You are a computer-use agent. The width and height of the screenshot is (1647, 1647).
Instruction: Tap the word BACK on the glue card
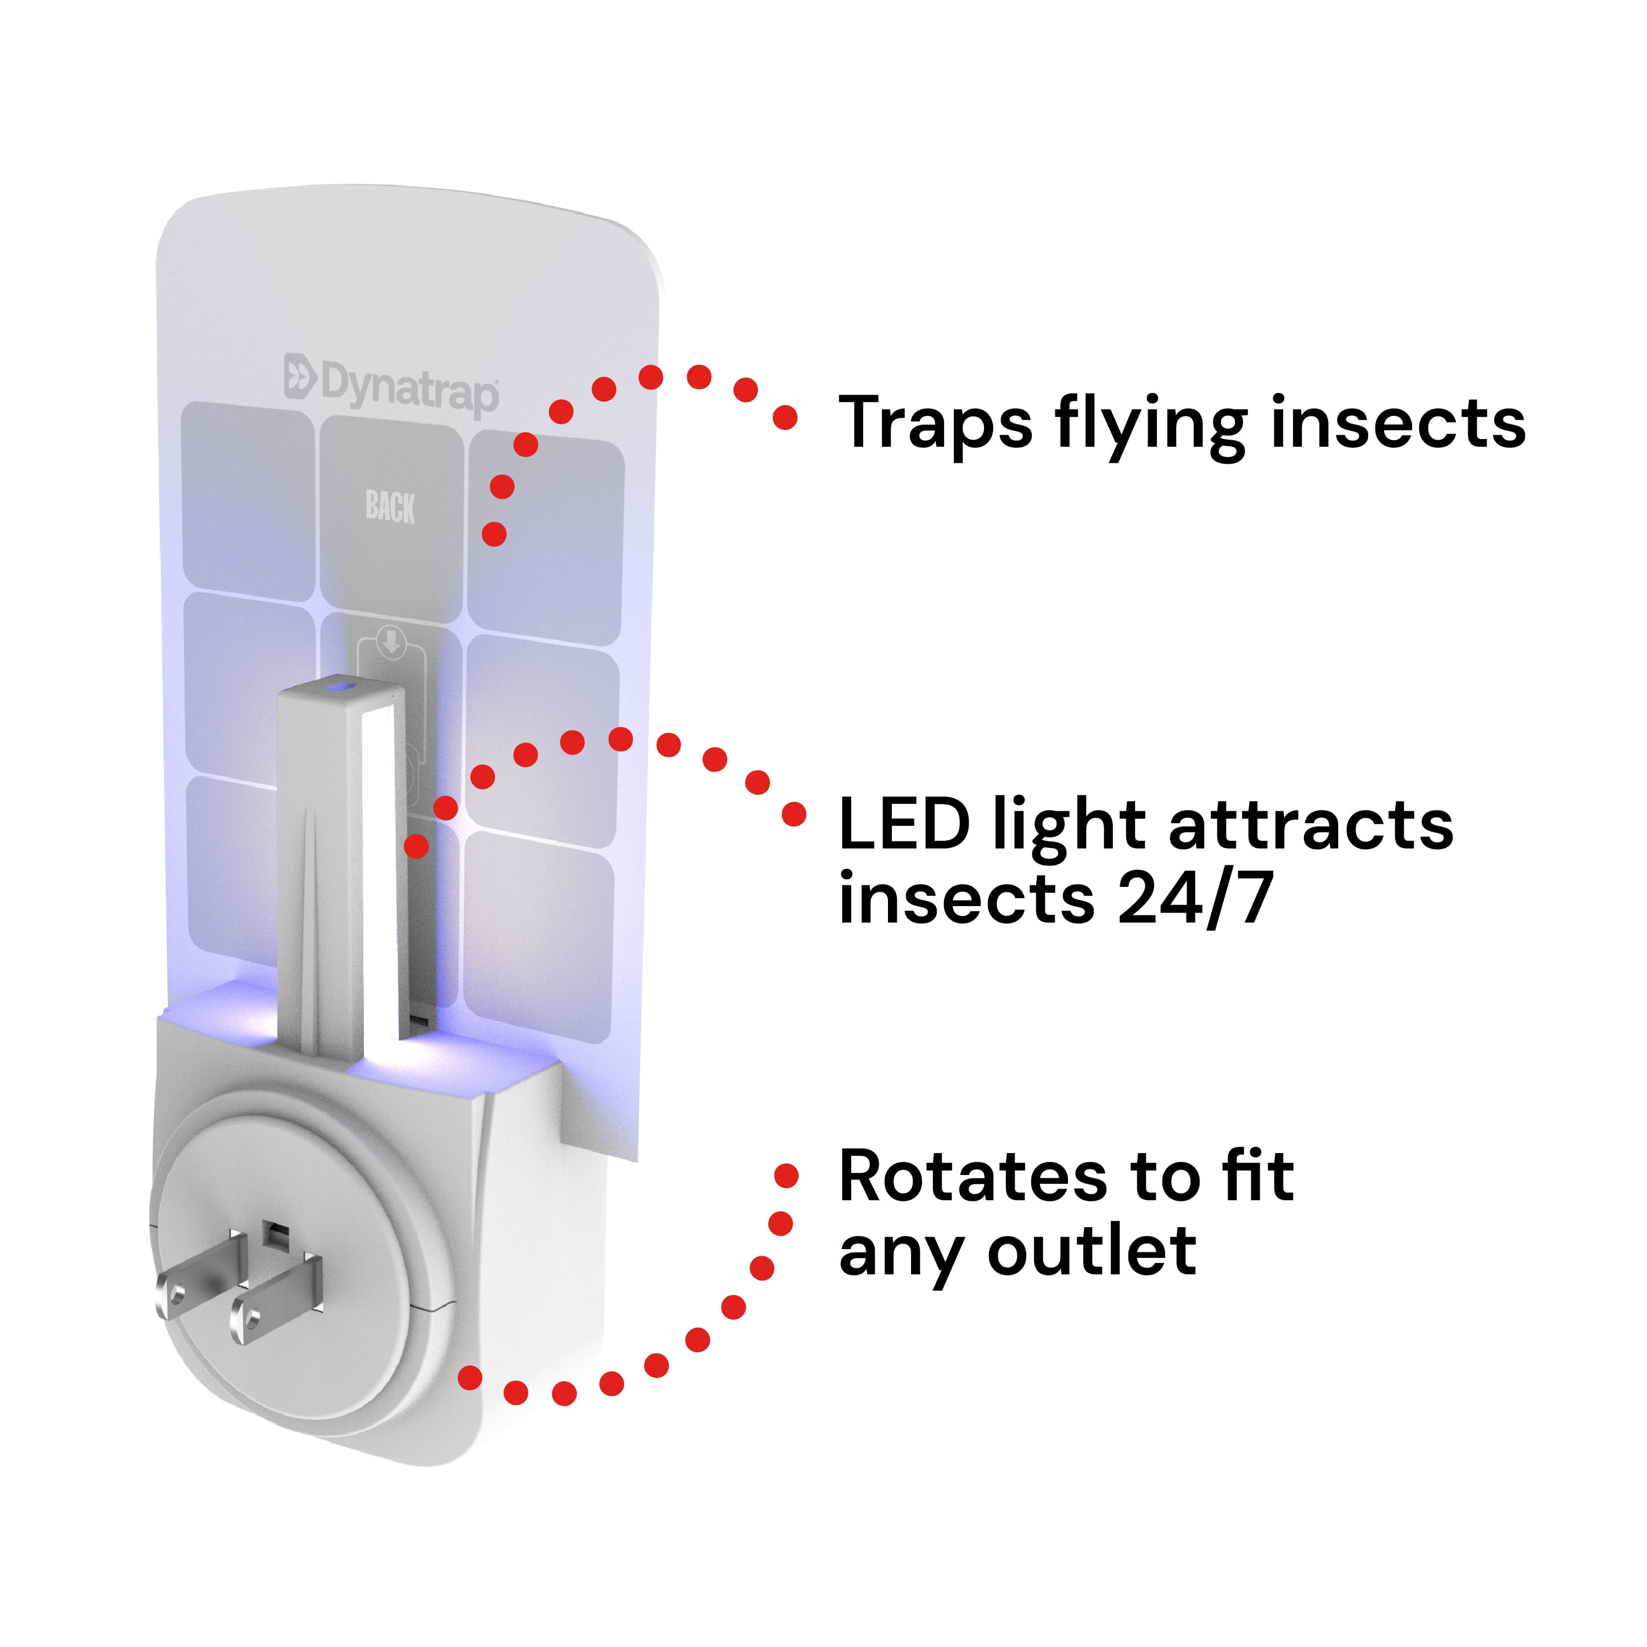(390, 507)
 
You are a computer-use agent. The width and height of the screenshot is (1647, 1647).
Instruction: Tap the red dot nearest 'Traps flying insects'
(785, 418)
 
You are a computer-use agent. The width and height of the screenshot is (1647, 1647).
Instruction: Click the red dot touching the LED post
(416, 846)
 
